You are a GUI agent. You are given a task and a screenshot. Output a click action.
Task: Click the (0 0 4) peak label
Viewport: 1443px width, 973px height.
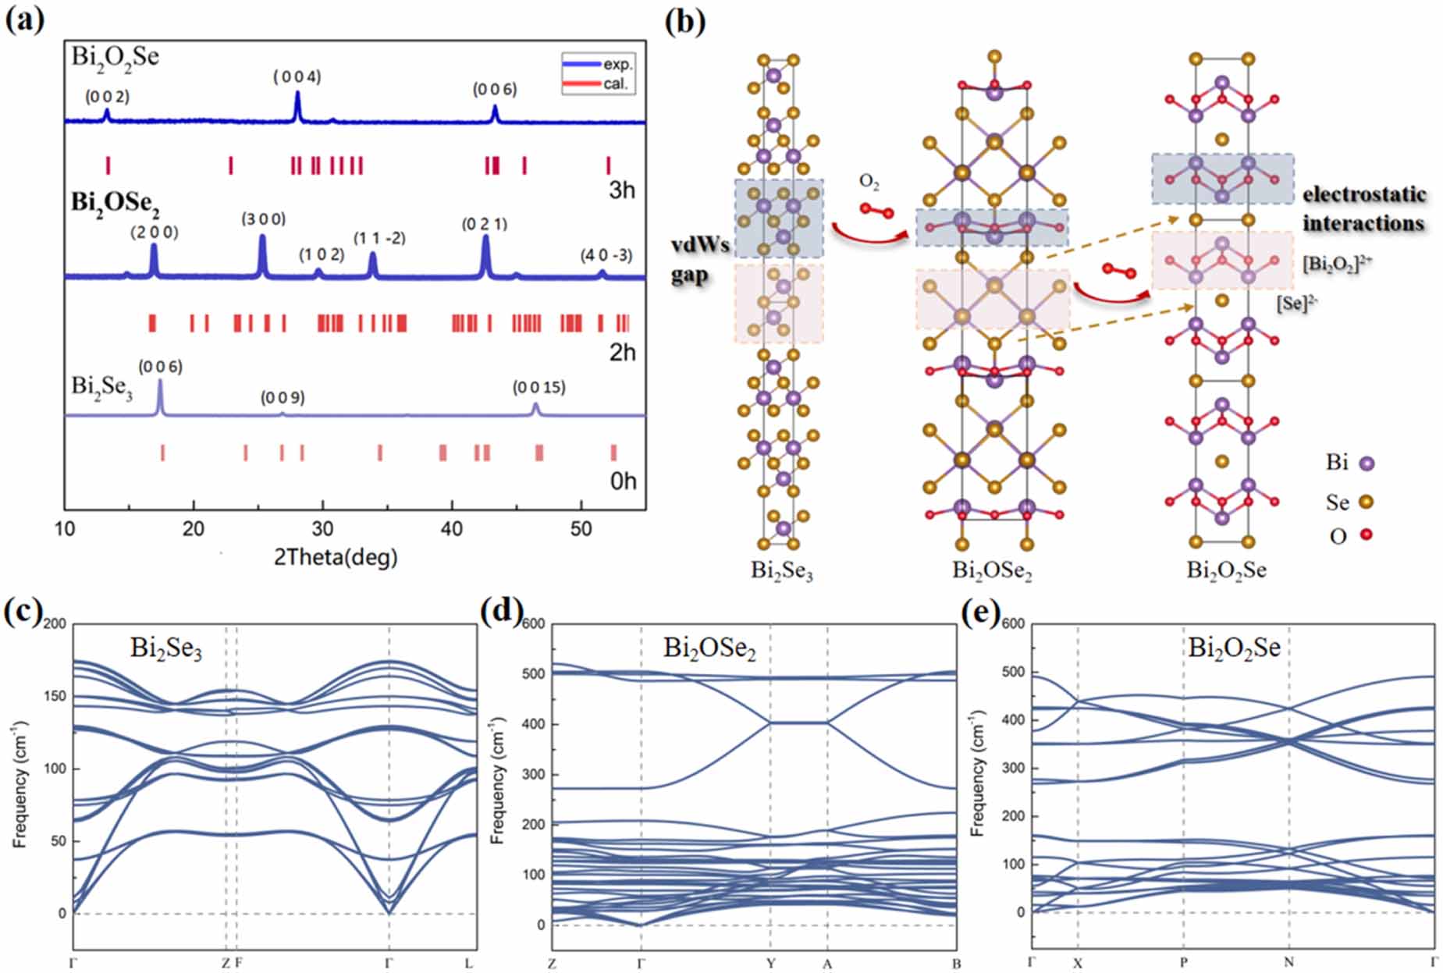(x=297, y=76)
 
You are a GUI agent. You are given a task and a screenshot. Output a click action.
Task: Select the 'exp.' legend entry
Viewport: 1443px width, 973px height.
(x=617, y=64)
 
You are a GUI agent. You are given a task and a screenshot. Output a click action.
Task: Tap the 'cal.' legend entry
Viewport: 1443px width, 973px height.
(x=614, y=83)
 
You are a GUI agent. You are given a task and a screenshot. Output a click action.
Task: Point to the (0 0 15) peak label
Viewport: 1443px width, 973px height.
(x=538, y=387)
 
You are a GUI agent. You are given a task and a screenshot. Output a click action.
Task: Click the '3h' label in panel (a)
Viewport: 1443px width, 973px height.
(x=621, y=190)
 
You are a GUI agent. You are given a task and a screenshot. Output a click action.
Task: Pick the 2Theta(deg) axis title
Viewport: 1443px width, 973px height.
(x=336, y=557)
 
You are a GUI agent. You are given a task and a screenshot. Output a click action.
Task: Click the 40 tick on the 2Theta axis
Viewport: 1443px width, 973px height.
(x=451, y=528)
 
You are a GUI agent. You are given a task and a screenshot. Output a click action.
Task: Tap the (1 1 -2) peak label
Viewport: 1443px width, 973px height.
(x=379, y=238)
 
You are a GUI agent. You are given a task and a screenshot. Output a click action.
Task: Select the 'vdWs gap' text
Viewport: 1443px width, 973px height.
(x=700, y=260)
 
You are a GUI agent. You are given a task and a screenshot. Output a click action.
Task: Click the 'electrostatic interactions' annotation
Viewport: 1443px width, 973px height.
(x=1363, y=209)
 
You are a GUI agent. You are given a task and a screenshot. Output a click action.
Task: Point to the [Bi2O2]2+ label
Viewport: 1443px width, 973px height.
(x=1337, y=264)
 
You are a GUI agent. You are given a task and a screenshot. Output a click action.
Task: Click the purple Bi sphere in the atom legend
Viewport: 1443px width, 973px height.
(x=1367, y=463)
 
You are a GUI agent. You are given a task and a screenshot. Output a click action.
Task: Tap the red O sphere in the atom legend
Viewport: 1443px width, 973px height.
(x=1367, y=535)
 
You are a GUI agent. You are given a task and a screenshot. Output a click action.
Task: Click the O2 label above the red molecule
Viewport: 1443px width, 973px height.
(x=869, y=183)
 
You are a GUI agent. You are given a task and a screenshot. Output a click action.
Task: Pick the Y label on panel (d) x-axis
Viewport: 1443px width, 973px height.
(x=770, y=964)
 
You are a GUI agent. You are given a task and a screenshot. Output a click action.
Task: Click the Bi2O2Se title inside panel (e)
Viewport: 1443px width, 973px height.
(x=1234, y=648)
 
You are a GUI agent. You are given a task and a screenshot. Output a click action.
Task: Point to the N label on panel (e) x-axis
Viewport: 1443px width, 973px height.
(x=1288, y=963)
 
